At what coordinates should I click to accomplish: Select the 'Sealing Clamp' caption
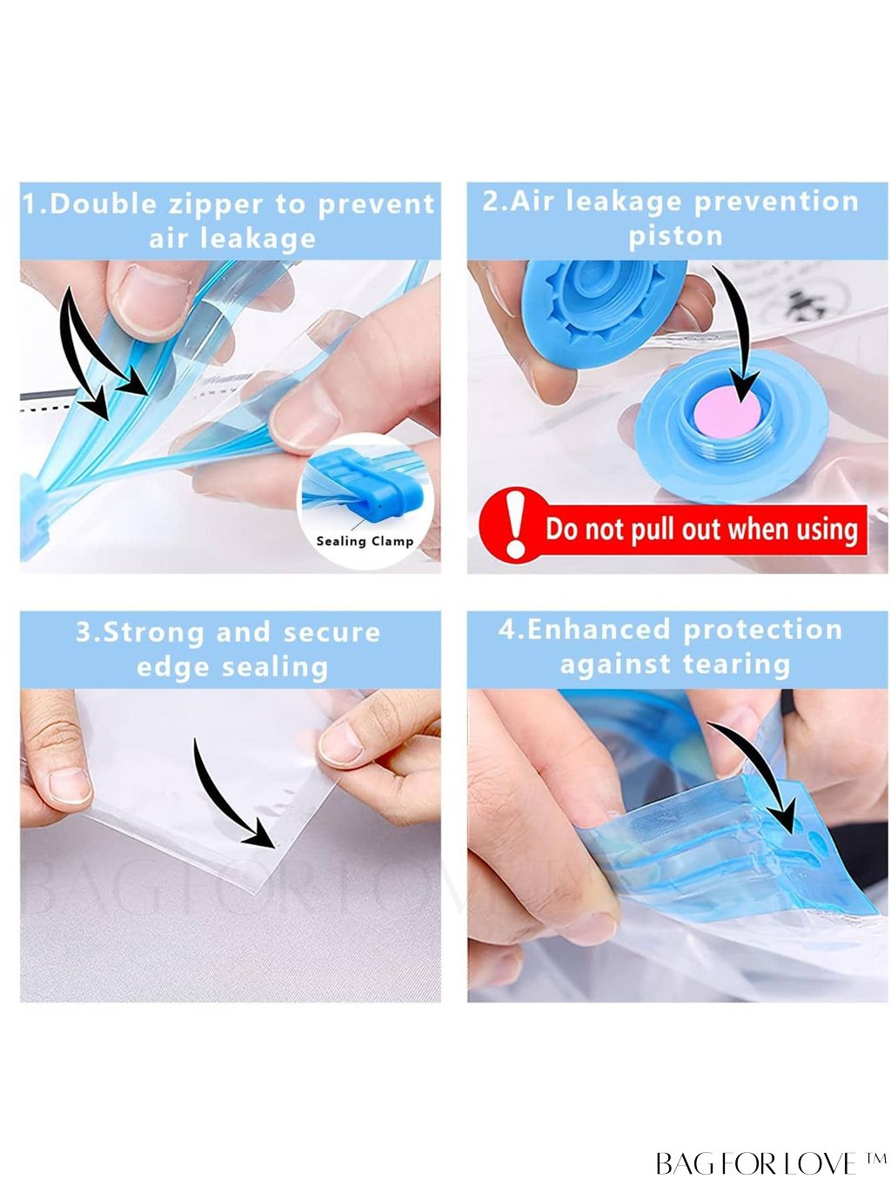365,541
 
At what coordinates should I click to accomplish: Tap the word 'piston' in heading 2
676,237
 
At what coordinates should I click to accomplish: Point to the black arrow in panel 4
760,767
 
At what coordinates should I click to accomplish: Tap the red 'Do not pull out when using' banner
673,529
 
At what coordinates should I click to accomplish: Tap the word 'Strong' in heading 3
153,633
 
